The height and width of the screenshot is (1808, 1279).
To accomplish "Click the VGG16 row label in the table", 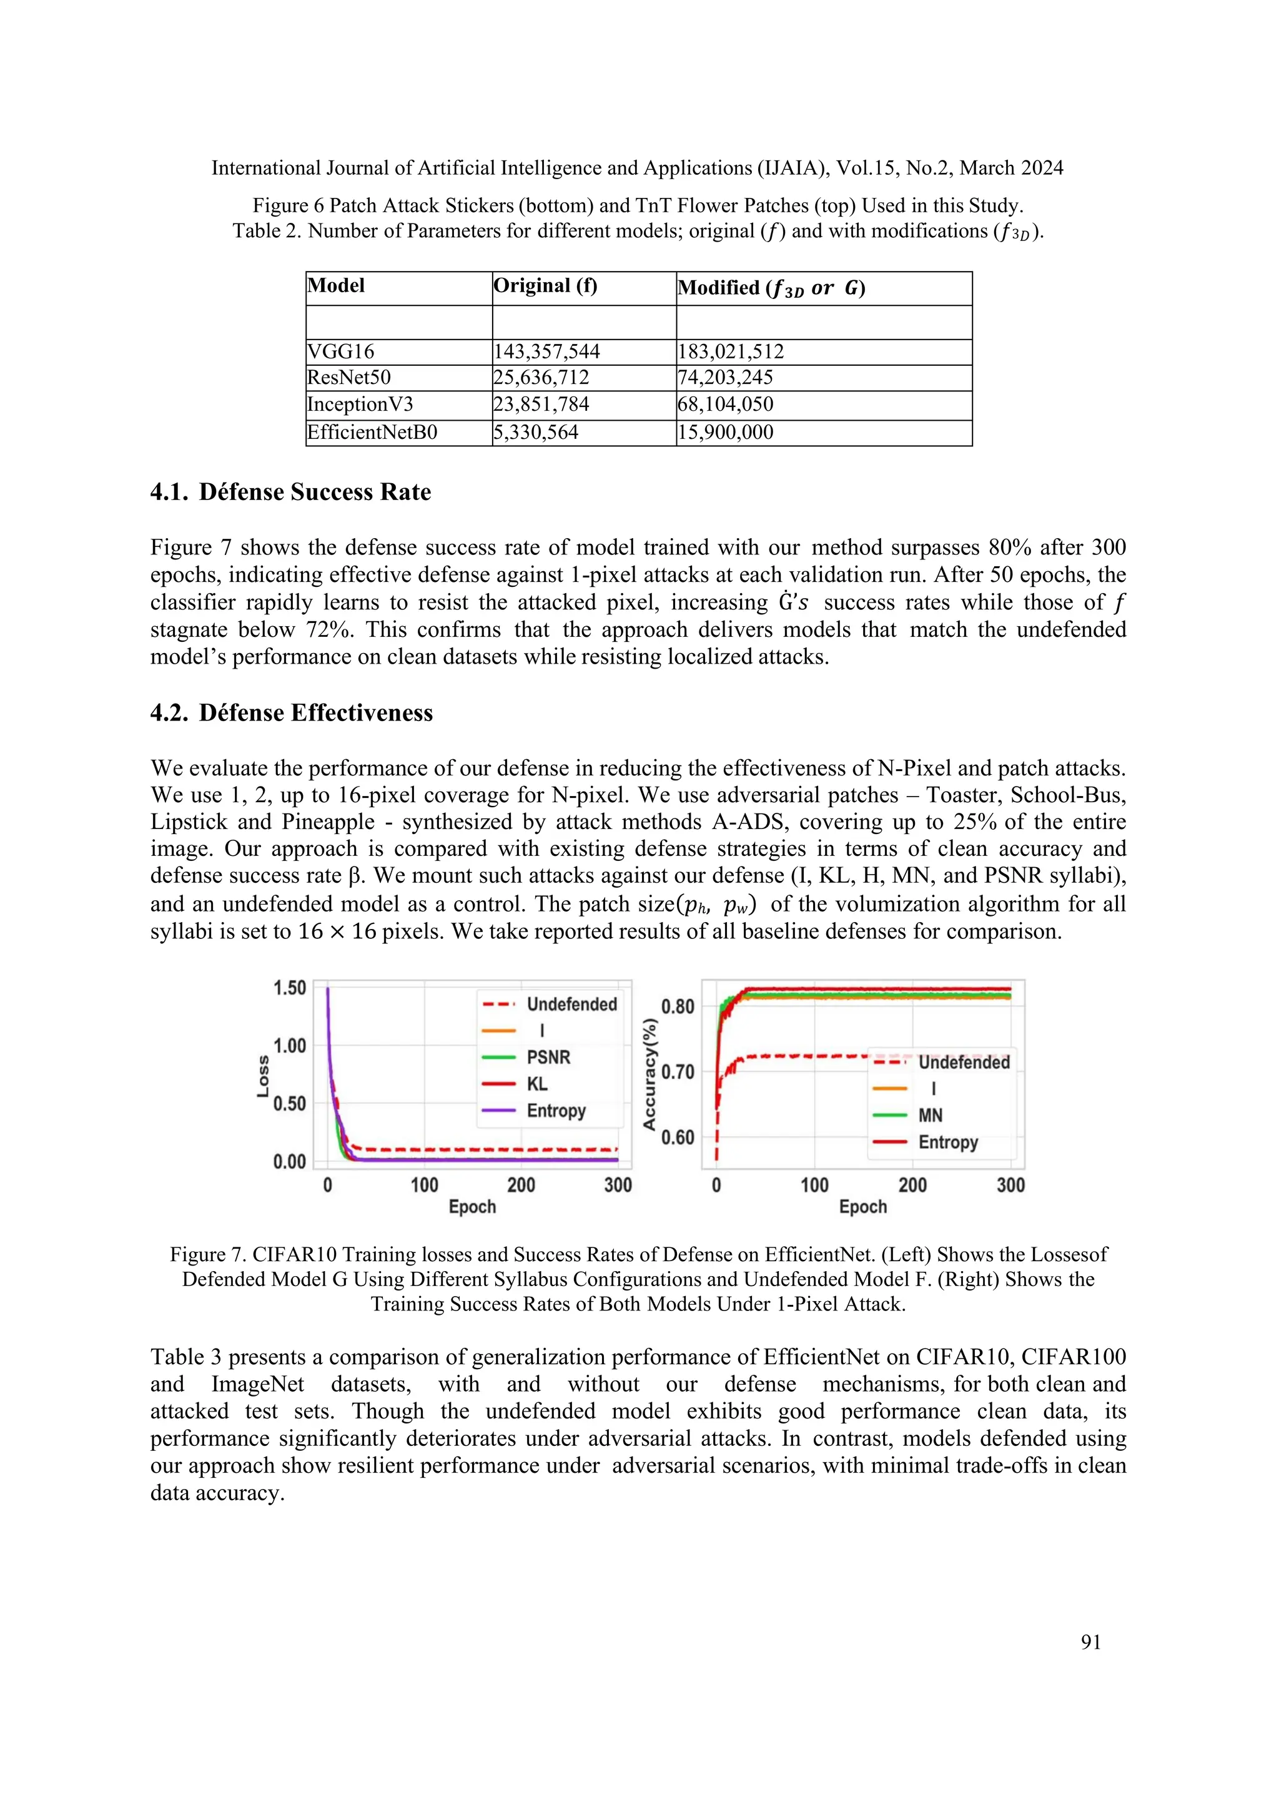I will coord(341,351).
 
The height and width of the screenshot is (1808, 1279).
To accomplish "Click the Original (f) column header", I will coord(545,286).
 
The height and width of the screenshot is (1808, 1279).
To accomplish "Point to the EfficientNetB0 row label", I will coord(372,431).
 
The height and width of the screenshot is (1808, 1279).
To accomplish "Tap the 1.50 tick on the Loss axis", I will coord(289,988).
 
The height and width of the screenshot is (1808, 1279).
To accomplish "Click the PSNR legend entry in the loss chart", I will coord(548,1057).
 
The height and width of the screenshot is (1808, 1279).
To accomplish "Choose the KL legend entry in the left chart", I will coord(537,1084).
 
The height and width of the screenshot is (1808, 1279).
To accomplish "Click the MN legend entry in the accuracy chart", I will coord(930,1115).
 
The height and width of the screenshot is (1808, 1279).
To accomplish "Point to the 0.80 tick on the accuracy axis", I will coord(678,1006).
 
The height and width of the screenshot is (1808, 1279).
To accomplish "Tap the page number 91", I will coord(1091,1642).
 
